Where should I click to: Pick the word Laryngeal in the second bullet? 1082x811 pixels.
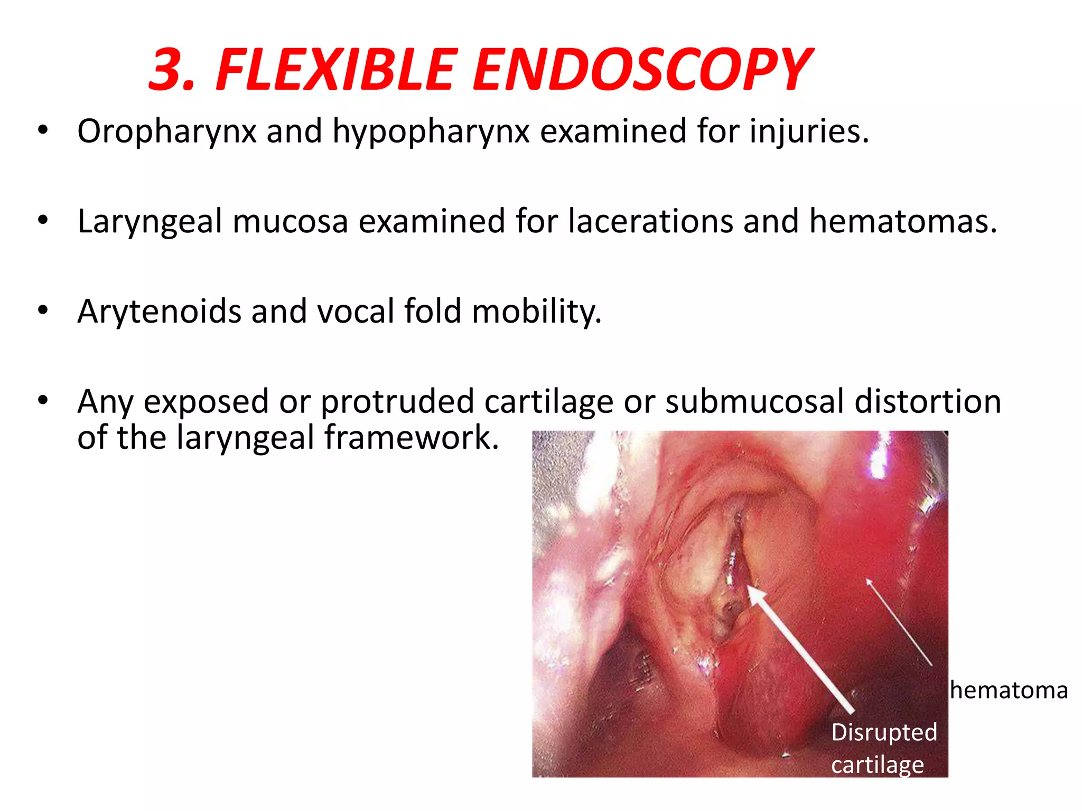coord(150,222)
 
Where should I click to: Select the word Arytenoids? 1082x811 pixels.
coord(159,312)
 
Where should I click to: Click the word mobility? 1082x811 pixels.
coord(536,312)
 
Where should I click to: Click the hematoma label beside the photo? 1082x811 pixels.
coord(1009,691)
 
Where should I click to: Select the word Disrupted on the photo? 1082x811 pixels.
coord(884,733)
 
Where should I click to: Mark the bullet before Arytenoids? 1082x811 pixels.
coord(43,310)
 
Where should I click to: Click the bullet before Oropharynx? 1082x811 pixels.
coord(43,130)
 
